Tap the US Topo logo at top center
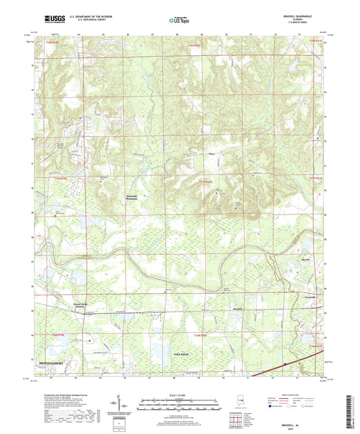click(178, 20)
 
